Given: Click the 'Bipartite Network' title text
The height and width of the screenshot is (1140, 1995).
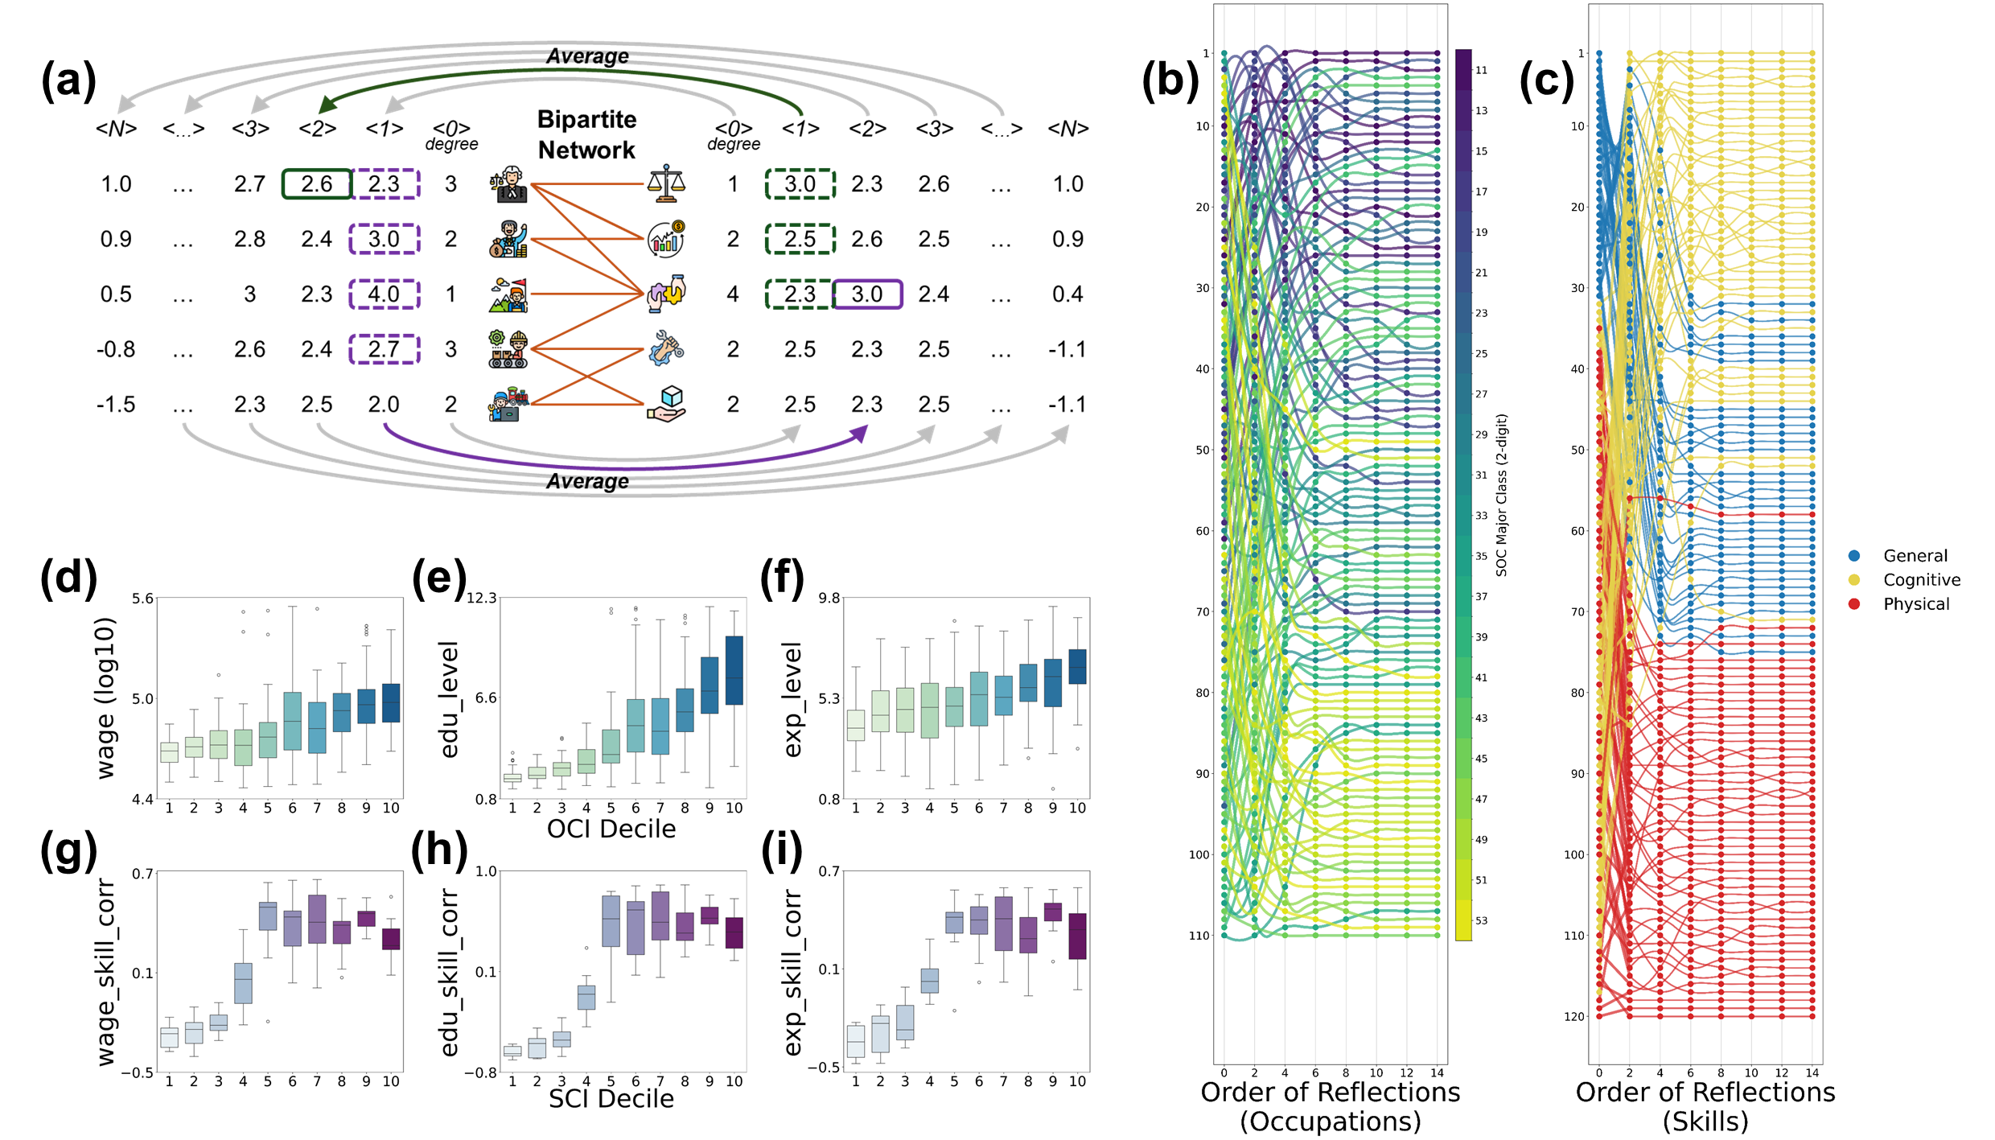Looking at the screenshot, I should click(x=586, y=134).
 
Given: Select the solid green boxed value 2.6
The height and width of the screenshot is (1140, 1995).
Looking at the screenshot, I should click(x=317, y=184).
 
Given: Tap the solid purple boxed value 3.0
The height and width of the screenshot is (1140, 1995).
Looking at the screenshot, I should click(x=867, y=294).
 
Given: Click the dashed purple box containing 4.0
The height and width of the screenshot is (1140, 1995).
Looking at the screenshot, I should click(x=385, y=294).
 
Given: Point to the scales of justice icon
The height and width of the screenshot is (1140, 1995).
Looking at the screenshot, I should click(x=666, y=183).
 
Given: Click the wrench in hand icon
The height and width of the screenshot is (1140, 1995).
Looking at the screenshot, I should click(x=666, y=349).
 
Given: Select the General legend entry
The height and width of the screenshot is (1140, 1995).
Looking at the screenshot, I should click(x=1915, y=556).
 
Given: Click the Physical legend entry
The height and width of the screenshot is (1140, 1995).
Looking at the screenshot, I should click(x=1915, y=604).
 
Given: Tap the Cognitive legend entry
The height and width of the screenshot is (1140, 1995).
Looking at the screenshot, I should click(x=1921, y=580).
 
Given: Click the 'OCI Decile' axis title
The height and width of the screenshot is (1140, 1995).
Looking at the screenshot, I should click(x=611, y=829).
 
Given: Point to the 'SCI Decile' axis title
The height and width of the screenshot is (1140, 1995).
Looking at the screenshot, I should click(x=611, y=1099).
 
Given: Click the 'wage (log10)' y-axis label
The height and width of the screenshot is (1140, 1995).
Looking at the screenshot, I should click(x=106, y=698).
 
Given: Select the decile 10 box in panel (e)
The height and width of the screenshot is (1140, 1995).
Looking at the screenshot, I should click(x=734, y=670).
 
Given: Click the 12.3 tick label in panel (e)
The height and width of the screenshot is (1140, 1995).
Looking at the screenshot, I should click(x=482, y=598).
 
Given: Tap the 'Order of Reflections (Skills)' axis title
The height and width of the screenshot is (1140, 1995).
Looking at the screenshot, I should click(x=1705, y=1106).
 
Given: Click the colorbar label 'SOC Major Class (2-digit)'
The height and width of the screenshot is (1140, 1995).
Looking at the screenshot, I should click(x=1501, y=495).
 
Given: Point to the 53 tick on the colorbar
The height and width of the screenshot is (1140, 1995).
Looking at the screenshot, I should click(x=1481, y=920).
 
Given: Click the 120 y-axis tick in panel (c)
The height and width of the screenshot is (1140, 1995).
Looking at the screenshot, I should click(x=1574, y=1017).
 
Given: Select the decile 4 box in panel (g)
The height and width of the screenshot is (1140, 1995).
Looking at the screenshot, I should click(x=243, y=982).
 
